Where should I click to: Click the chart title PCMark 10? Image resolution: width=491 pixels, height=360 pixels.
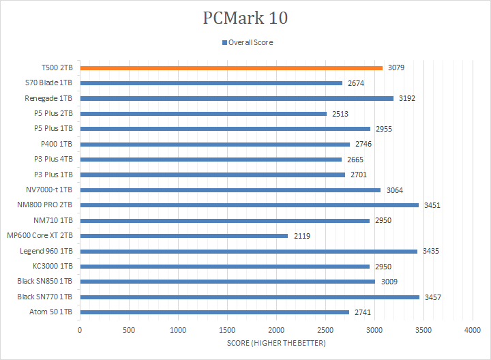(x=245, y=18)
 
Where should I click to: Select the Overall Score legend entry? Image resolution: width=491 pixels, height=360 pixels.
(x=250, y=42)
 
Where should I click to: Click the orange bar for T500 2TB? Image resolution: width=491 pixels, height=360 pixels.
(x=231, y=68)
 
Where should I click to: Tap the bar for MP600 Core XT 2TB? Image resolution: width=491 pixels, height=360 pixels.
(x=183, y=236)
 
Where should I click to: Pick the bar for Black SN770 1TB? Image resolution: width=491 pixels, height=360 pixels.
(x=250, y=297)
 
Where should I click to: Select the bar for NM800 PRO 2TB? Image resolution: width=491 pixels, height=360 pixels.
(x=249, y=205)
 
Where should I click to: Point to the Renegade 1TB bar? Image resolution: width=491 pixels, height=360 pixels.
(x=237, y=98)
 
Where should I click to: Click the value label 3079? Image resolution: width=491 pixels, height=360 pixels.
(x=396, y=68)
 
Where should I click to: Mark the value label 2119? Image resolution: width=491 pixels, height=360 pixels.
(x=302, y=236)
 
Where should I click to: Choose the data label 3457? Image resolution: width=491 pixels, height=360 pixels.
(x=433, y=297)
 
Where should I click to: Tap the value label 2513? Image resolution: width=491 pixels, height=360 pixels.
(x=340, y=114)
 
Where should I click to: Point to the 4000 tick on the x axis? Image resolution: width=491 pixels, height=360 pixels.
(x=473, y=330)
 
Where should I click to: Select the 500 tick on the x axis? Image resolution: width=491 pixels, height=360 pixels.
(x=129, y=330)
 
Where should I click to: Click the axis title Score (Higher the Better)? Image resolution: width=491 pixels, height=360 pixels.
(x=276, y=343)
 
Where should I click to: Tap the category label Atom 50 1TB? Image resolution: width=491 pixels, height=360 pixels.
(x=53, y=312)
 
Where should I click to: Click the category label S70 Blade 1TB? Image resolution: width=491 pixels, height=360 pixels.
(x=48, y=83)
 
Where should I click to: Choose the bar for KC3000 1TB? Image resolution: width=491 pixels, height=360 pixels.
(x=225, y=266)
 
